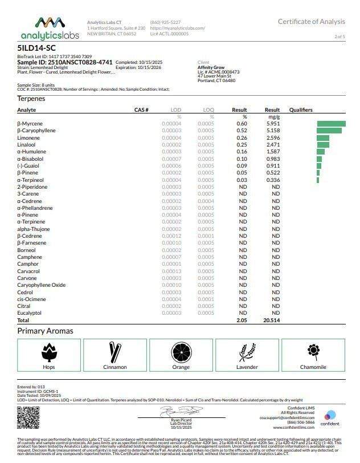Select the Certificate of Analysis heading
[x=311, y=22]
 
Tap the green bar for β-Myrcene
[x=331, y=124]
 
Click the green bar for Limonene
[x=323, y=137]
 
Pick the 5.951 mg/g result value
[x=273, y=124]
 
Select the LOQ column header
[x=208, y=109]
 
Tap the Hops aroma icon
[x=52, y=352]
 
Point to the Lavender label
[x=246, y=367]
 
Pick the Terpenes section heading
[x=32, y=99]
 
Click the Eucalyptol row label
[x=29, y=313]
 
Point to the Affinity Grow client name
[x=211, y=67]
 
